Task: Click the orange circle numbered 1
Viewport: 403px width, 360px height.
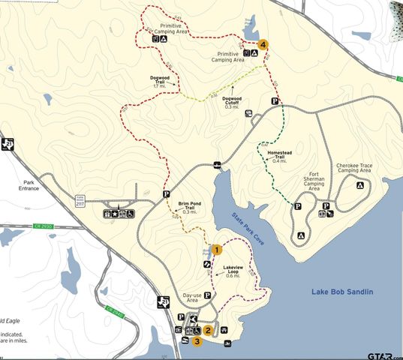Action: [216, 249]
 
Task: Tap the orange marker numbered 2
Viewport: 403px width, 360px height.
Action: [208, 329]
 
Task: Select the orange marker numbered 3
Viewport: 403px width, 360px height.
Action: [197, 341]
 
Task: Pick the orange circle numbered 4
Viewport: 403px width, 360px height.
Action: [263, 44]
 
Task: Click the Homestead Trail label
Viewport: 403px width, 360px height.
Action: [278, 157]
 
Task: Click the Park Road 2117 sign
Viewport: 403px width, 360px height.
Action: [80, 199]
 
